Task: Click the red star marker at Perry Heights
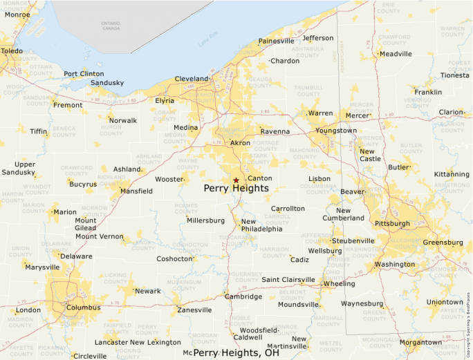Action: [236, 180]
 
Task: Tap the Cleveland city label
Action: [192, 79]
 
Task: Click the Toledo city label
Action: [11, 51]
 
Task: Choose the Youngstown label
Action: [336, 131]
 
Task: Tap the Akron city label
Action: [240, 143]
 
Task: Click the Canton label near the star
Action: [260, 178]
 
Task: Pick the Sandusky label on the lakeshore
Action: [107, 83]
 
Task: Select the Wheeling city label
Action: [340, 283]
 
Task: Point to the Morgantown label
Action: [420, 342]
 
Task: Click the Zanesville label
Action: [194, 310]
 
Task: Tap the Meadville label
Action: [396, 54]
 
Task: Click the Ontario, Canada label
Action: [111, 26]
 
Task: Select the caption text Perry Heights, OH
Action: [236, 352]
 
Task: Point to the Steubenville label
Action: [353, 240]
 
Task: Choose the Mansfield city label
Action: [136, 191]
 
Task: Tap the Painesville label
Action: [276, 41]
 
